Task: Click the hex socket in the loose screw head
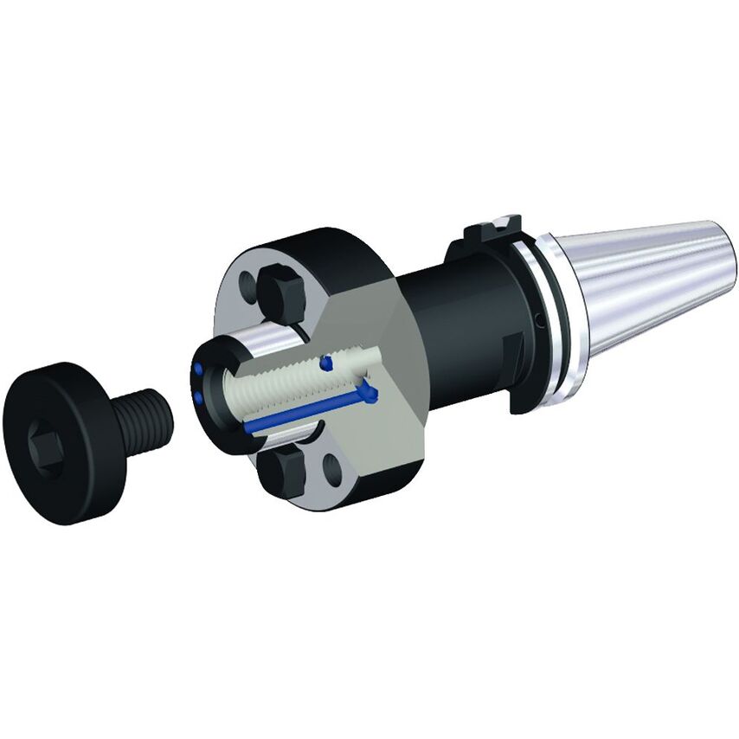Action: pyautogui.click(x=45, y=442)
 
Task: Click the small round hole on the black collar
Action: pyautogui.click(x=538, y=323)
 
